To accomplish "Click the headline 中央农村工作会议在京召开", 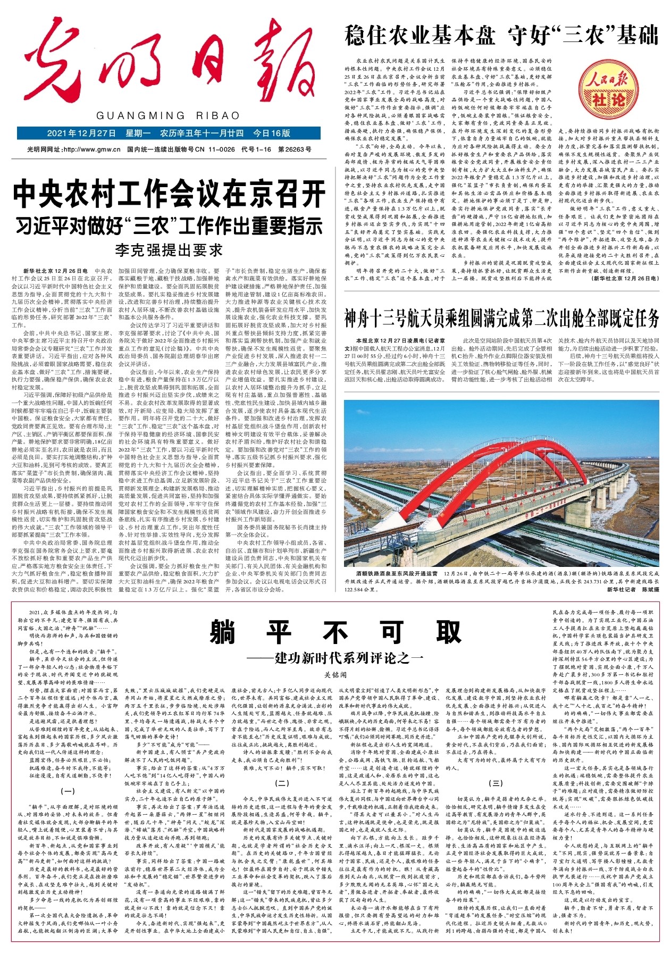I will point(169,195).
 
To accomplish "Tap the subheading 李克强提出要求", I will point(169,250).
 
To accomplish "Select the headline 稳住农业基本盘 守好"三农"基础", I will point(501,35).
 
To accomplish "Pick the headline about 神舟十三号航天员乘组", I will point(501,319).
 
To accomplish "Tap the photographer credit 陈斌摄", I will point(650,589).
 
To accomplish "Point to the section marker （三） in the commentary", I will point(495,783).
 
